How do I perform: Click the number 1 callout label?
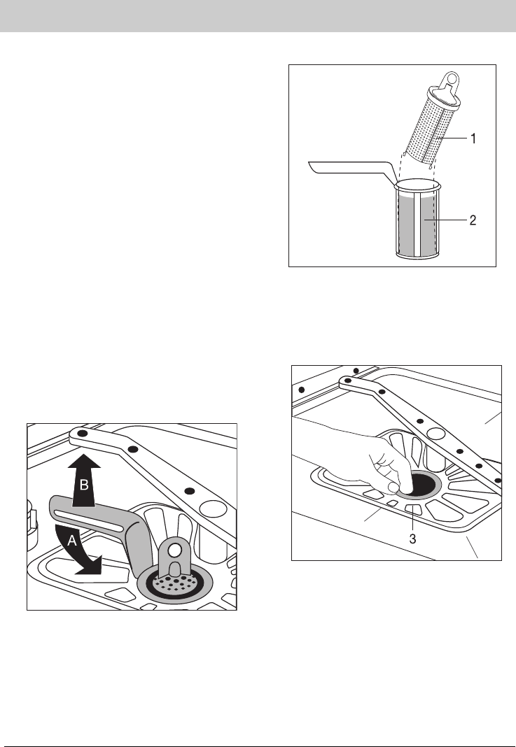pyautogui.click(x=473, y=138)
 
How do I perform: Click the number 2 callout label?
pyautogui.click(x=473, y=220)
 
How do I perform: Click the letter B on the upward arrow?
pyautogui.click(x=84, y=485)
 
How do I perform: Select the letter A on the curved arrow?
pyautogui.click(x=71, y=540)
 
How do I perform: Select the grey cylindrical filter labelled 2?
pyautogui.click(x=418, y=219)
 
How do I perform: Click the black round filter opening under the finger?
pyautogui.click(x=419, y=483)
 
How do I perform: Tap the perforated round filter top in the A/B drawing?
pyautogui.click(x=175, y=583)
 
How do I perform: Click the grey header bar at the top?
pyautogui.click(x=258, y=15)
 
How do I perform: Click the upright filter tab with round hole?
pyautogui.click(x=174, y=558)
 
